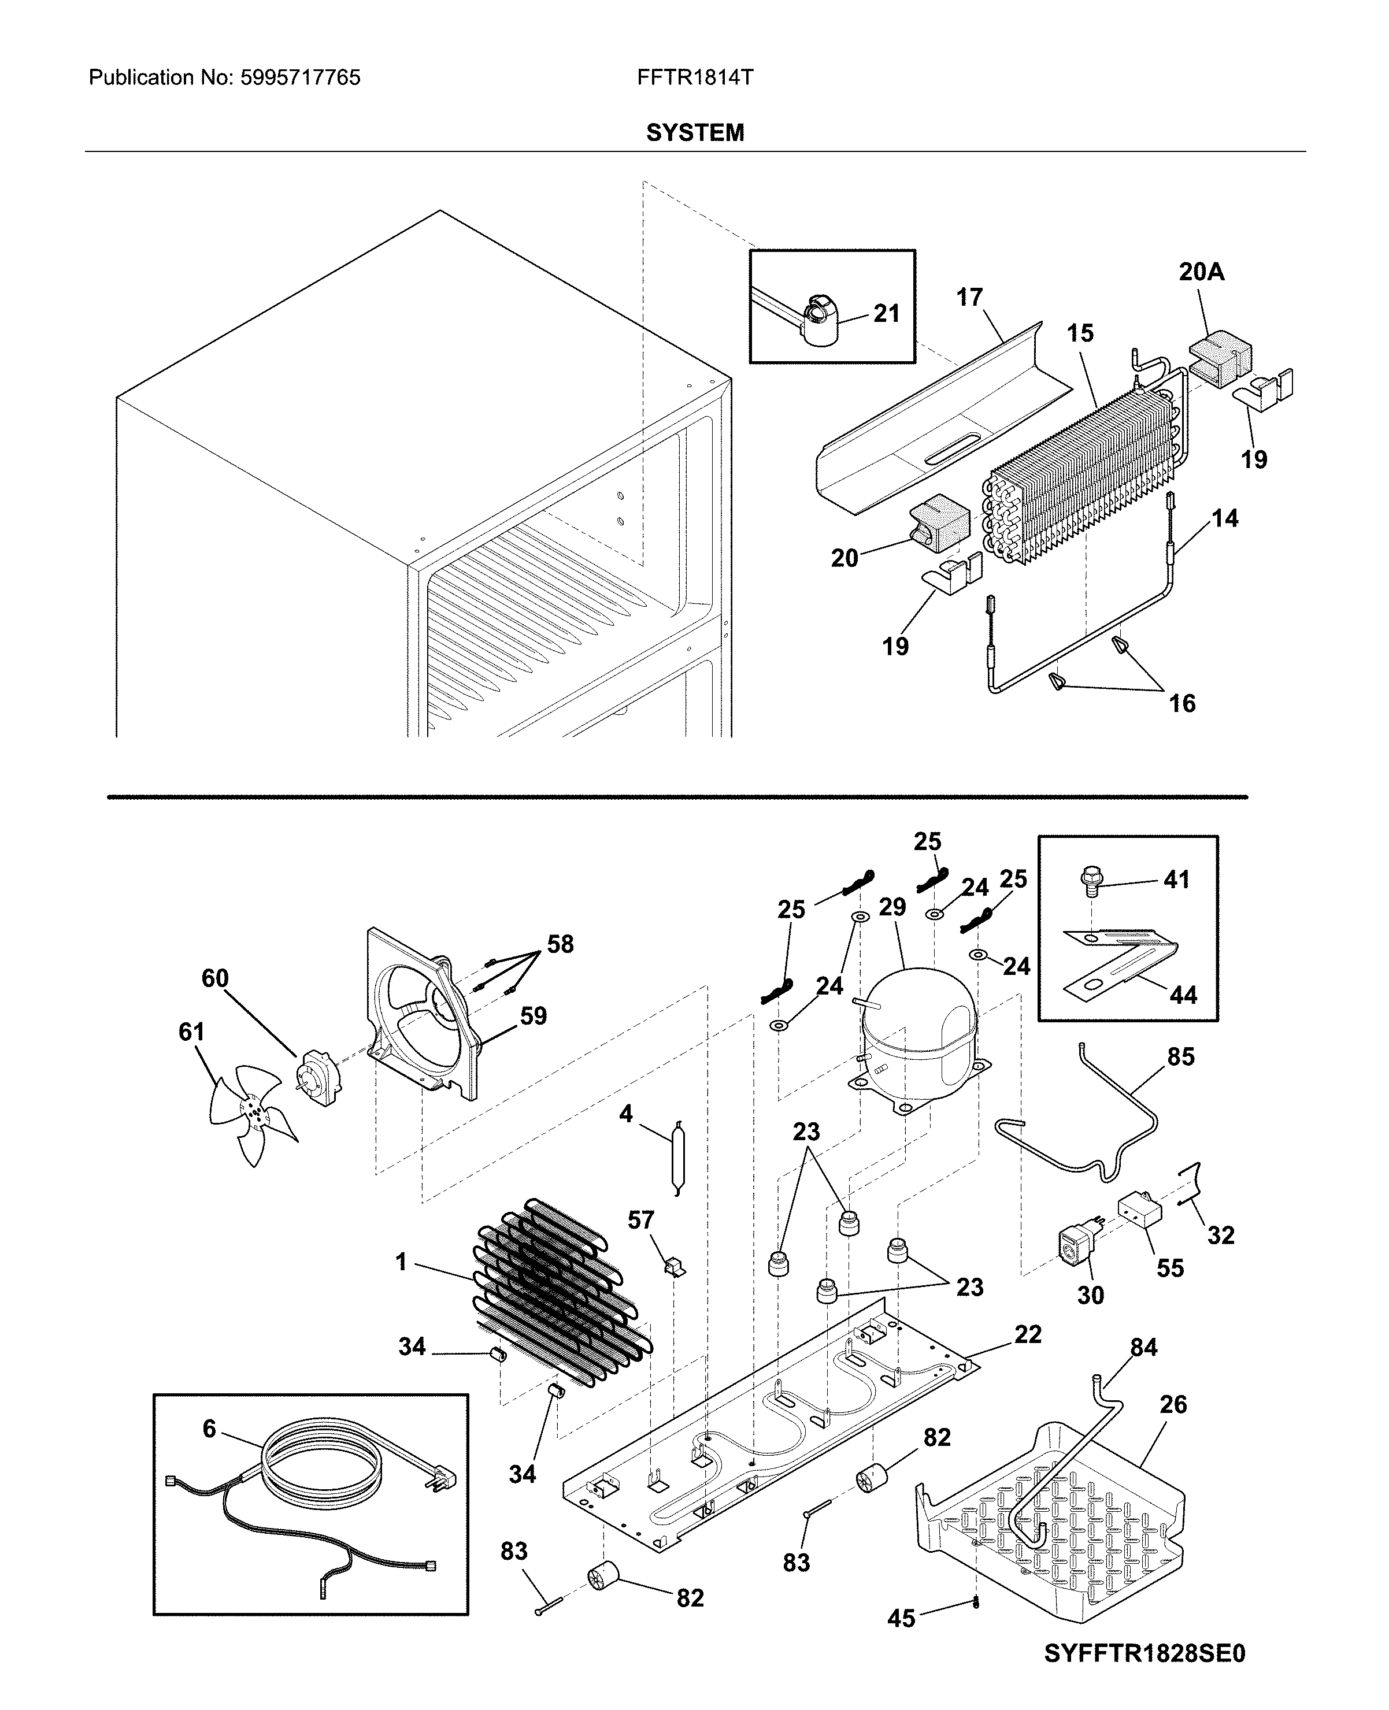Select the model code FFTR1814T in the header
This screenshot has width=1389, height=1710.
click(x=695, y=77)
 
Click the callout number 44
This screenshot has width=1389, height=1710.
click(x=1183, y=996)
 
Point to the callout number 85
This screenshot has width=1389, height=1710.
click(x=1180, y=1056)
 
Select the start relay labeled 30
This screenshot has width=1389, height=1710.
click(x=1076, y=1248)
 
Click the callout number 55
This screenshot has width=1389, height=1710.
click(x=1170, y=1268)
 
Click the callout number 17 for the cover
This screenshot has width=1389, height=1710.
click(x=969, y=298)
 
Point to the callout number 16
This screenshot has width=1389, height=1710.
click(x=1181, y=704)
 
